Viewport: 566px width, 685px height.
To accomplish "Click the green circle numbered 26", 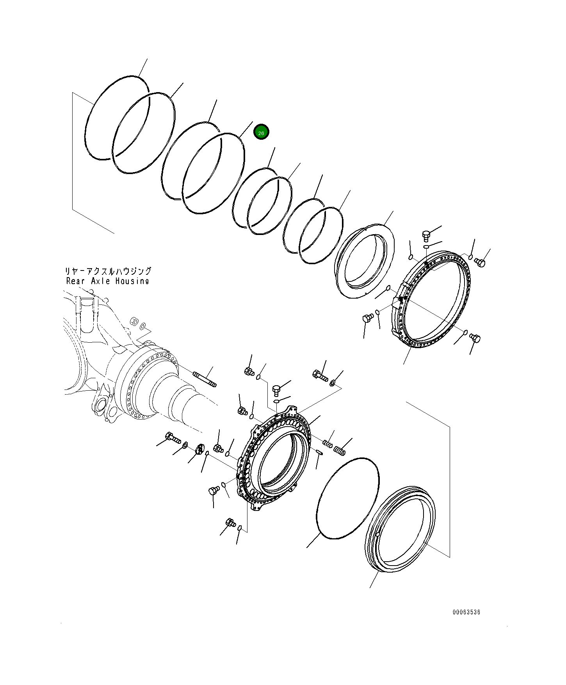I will (261, 132).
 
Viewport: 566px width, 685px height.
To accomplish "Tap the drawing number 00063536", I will (466, 612).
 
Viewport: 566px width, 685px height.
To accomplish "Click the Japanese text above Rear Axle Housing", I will (108, 271).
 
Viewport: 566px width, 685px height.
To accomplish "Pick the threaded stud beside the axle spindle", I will (205, 379).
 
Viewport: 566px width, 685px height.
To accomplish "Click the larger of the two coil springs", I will (340, 451).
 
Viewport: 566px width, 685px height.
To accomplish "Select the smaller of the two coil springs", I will (328, 443).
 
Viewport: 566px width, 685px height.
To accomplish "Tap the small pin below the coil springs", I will (319, 452).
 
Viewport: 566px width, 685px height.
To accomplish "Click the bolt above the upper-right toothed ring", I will (426, 235).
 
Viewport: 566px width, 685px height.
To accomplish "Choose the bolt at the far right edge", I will (480, 263).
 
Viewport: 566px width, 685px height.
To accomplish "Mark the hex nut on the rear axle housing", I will (133, 321).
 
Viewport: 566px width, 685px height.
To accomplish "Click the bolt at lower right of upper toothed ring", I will (475, 338).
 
